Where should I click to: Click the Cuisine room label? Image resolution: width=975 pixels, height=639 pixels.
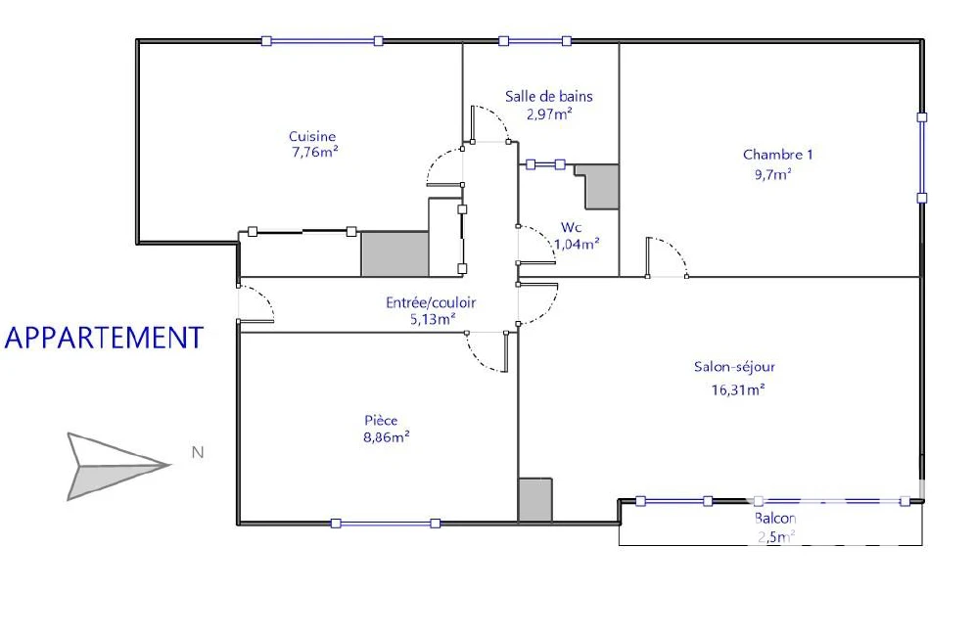[312, 136]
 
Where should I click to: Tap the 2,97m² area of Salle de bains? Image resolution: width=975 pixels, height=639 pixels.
[549, 114]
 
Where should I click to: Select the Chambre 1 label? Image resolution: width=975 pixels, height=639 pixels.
[777, 155]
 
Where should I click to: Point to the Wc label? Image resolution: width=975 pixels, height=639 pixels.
[571, 227]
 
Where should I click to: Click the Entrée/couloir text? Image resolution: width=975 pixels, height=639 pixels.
[431, 302]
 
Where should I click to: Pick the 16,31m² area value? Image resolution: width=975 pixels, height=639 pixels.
[737, 389]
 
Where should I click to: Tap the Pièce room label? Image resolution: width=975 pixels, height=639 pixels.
[381, 420]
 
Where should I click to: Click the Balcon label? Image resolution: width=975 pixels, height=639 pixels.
[774, 518]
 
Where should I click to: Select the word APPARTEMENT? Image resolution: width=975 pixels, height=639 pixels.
[104, 338]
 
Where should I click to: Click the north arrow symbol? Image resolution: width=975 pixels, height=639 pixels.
[116, 466]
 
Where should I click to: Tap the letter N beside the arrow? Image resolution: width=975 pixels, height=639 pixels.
[198, 452]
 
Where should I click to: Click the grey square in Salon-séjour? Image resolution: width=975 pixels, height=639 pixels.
[535, 500]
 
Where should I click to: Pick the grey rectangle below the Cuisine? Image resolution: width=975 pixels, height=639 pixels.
[395, 253]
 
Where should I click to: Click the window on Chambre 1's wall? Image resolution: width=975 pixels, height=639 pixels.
[922, 158]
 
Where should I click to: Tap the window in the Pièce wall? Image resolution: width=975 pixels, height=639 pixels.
[386, 524]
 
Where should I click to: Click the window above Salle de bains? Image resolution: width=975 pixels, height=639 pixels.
[535, 41]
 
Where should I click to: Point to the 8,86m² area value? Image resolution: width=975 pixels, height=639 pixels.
[386, 437]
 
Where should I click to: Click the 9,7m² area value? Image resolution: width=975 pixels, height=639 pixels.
[773, 174]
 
